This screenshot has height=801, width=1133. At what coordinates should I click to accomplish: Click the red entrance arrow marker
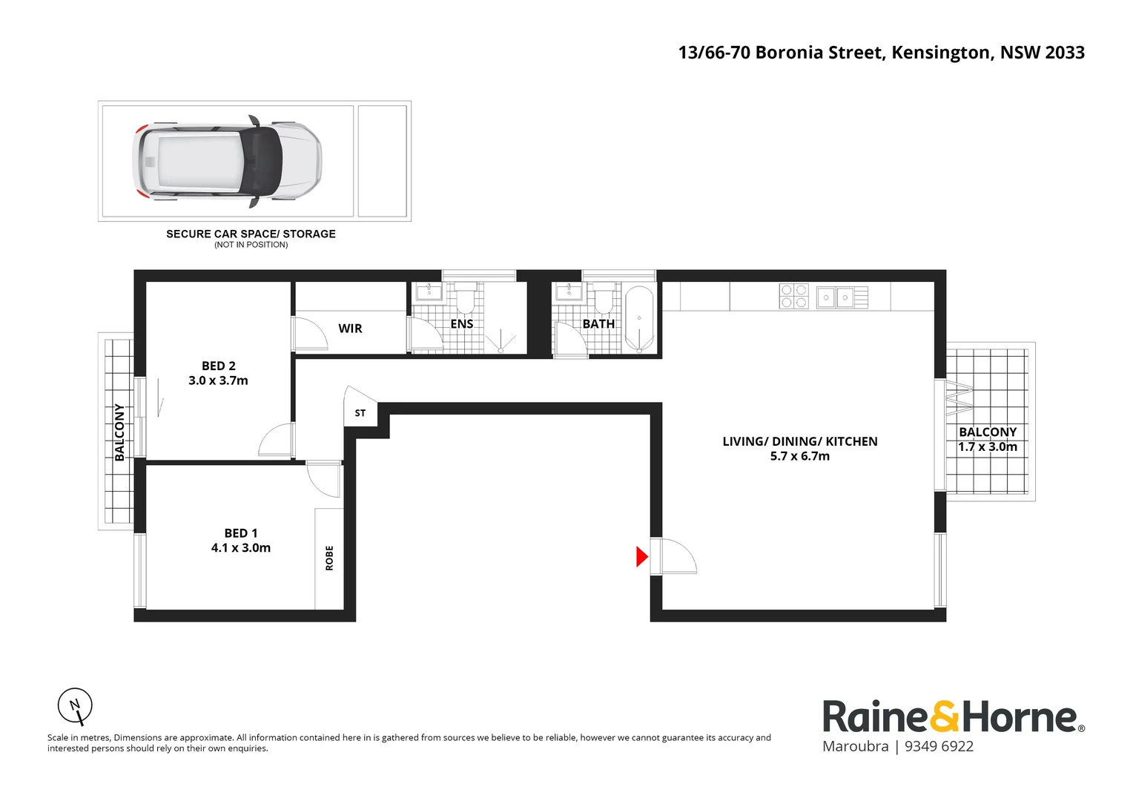point(642,556)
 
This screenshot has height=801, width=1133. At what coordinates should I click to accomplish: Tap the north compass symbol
point(76,706)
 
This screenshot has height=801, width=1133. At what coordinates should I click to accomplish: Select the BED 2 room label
point(218,366)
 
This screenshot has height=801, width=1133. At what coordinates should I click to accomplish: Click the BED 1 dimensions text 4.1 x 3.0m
point(241,548)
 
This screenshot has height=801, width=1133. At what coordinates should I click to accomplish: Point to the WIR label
point(350,329)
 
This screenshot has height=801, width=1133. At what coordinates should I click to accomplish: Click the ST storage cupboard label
point(360,413)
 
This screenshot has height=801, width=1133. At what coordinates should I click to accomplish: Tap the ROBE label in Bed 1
point(329,558)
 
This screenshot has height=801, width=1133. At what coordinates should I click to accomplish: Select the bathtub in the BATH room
point(639,319)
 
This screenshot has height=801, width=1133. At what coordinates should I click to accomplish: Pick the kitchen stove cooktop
point(793,297)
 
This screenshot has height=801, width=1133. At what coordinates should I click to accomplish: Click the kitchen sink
point(835,297)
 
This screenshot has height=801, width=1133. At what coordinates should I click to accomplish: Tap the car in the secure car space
point(227,161)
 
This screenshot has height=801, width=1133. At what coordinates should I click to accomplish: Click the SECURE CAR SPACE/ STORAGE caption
point(251,234)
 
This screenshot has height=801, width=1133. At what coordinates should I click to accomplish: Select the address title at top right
point(881,53)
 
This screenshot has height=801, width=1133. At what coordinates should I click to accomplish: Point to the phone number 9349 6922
point(939,747)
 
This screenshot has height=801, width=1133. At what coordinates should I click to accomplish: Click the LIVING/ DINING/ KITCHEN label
point(800,441)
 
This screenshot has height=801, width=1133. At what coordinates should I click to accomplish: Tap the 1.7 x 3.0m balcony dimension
point(988,446)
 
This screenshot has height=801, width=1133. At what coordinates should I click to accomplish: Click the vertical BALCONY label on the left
point(119,432)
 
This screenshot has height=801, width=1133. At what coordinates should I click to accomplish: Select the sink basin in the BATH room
point(569,291)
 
